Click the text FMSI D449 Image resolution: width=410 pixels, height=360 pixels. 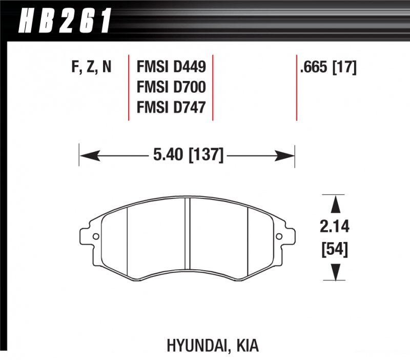click(171, 67)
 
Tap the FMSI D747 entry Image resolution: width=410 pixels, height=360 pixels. click(171, 107)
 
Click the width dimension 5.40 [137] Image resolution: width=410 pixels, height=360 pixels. click(187, 153)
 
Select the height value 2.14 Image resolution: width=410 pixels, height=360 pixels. click(335, 227)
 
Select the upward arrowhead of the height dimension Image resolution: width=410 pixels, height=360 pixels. click(335, 204)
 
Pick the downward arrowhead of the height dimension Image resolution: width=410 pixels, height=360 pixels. click(335, 272)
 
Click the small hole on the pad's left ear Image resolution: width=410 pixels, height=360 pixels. click(96, 237)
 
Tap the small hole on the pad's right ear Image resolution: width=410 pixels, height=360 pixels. click(279, 237)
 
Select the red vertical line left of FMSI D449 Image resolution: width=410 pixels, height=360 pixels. click(128, 87)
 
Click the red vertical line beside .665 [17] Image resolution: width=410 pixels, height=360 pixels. click(297, 87)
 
